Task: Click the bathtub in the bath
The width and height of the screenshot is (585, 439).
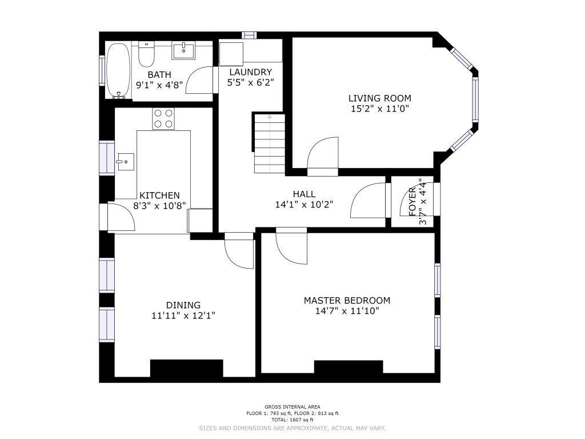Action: (x=118, y=70)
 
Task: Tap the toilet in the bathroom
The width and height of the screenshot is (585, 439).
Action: (x=146, y=54)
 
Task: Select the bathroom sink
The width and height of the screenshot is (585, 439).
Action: (x=183, y=51)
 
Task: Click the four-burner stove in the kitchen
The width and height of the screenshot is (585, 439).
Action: (x=163, y=119)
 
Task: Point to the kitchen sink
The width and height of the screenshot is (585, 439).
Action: (x=126, y=162)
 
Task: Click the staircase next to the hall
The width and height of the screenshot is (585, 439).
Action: (x=270, y=143)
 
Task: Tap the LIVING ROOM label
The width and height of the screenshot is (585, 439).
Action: (x=380, y=98)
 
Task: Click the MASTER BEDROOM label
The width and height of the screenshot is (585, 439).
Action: (x=347, y=300)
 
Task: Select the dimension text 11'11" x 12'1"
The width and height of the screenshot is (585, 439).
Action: (x=183, y=316)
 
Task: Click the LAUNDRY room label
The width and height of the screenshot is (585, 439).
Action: (x=251, y=71)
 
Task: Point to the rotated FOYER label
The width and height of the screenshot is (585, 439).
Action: (x=412, y=202)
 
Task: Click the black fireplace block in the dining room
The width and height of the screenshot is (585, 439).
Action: (x=187, y=369)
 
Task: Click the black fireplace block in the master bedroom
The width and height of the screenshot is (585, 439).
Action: (x=348, y=367)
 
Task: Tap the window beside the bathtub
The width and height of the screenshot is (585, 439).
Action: (x=102, y=70)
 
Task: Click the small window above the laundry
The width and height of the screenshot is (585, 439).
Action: (x=249, y=35)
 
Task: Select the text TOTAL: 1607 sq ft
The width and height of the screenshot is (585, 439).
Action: (x=292, y=420)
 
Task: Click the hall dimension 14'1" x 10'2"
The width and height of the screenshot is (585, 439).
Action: (x=304, y=205)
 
